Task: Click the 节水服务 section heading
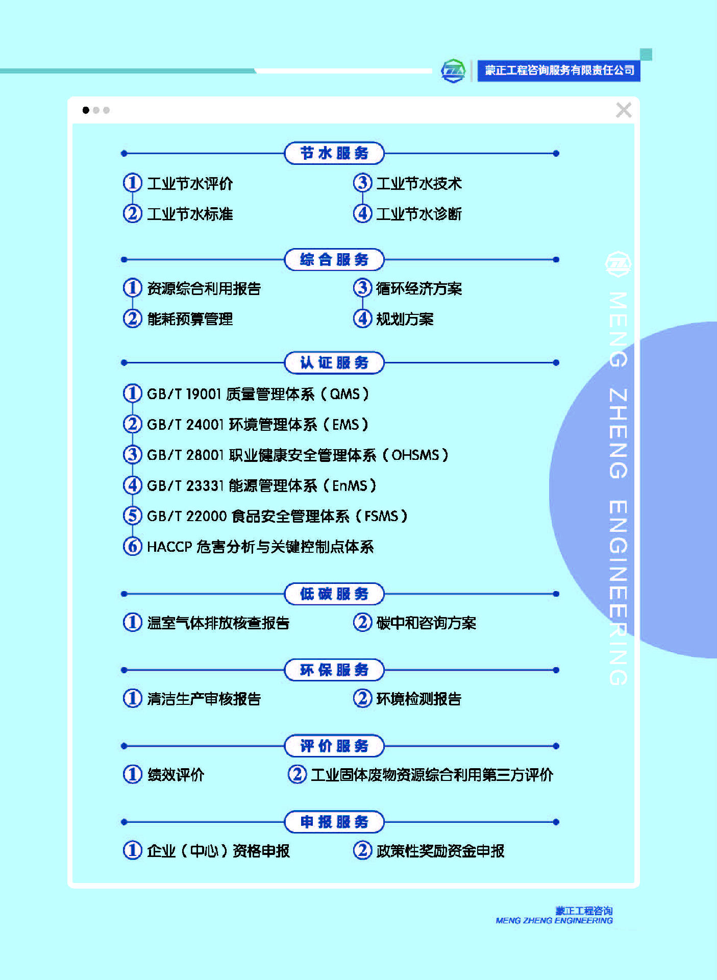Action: coord(334,153)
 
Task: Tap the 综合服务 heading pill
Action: coord(334,259)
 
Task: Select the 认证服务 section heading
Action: coord(334,362)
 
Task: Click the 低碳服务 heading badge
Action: coord(334,594)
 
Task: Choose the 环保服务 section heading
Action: coord(334,670)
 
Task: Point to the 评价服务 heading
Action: coord(334,746)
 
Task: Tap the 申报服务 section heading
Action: coord(334,822)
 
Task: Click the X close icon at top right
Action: coord(624,110)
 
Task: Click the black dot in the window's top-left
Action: coord(86,110)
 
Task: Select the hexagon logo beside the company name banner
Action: coord(453,70)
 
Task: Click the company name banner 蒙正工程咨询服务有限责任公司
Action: coord(559,70)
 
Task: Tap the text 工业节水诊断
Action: coord(419,214)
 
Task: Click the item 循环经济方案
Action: coord(419,288)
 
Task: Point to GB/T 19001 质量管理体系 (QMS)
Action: coord(258,394)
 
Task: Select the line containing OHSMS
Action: coord(298,455)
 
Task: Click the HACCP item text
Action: coord(260,547)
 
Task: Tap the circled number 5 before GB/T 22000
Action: coord(132,516)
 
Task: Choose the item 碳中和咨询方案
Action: coord(426,623)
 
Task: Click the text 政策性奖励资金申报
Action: coord(440,851)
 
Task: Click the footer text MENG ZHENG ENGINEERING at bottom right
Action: coord(554,920)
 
